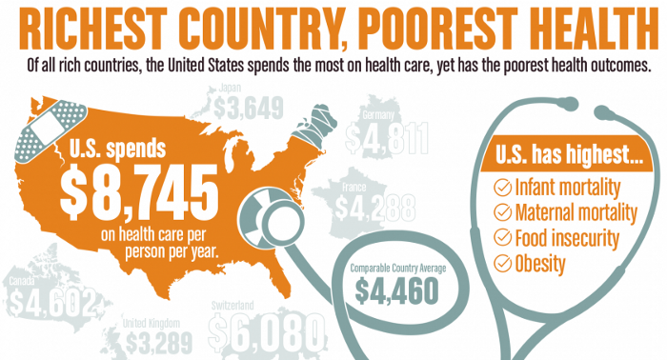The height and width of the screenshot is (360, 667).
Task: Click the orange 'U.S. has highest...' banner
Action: (561, 155)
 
